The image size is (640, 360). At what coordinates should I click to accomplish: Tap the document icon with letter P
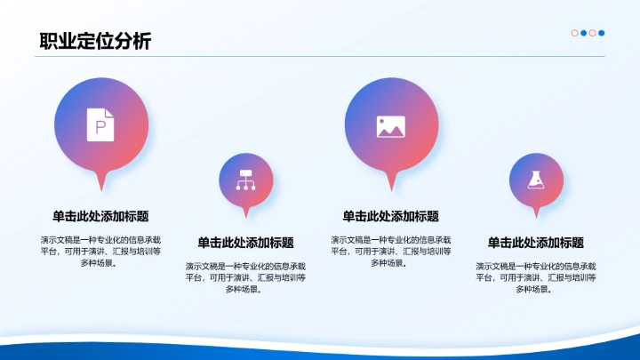pos(100,124)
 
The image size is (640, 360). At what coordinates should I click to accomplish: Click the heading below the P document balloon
pos(100,216)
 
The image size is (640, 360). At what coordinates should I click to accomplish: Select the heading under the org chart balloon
pos(245,243)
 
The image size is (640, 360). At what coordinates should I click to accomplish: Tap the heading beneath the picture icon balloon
pos(390,216)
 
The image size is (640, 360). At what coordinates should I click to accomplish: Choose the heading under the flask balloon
pos(535,243)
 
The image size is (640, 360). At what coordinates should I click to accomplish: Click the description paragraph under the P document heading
pos(100,251)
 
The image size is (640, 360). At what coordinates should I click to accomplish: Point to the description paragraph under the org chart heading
pos(245,277)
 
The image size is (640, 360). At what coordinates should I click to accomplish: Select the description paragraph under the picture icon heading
pos(390,251)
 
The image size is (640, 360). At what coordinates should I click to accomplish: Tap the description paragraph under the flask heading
pos(535,277)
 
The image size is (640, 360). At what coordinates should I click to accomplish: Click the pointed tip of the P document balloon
pos(100,188)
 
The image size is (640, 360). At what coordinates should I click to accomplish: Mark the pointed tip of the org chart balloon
pos(246,216)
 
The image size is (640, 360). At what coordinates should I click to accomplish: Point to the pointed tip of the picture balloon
pos(390,188)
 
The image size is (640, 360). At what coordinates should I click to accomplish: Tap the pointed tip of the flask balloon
pos(535,216)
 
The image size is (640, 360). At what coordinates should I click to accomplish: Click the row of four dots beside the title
pos(588,34)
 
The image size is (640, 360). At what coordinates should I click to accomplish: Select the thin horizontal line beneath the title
pos(320,57)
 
